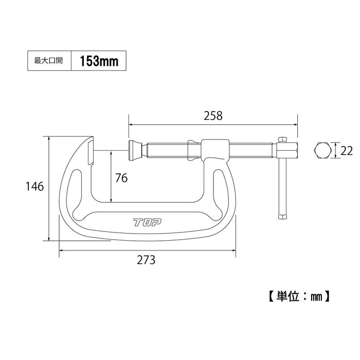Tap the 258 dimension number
(x=213, y=116)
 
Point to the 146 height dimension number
(x=34, y=186)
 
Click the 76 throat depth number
(x=121, y=178)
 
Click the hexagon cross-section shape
(x=322, y=151)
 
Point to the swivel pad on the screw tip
(x=135, y=150)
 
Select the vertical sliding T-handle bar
(x=282, y=180)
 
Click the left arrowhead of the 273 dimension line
(x=62, y=250)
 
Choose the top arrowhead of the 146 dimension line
(x=48, y=139)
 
